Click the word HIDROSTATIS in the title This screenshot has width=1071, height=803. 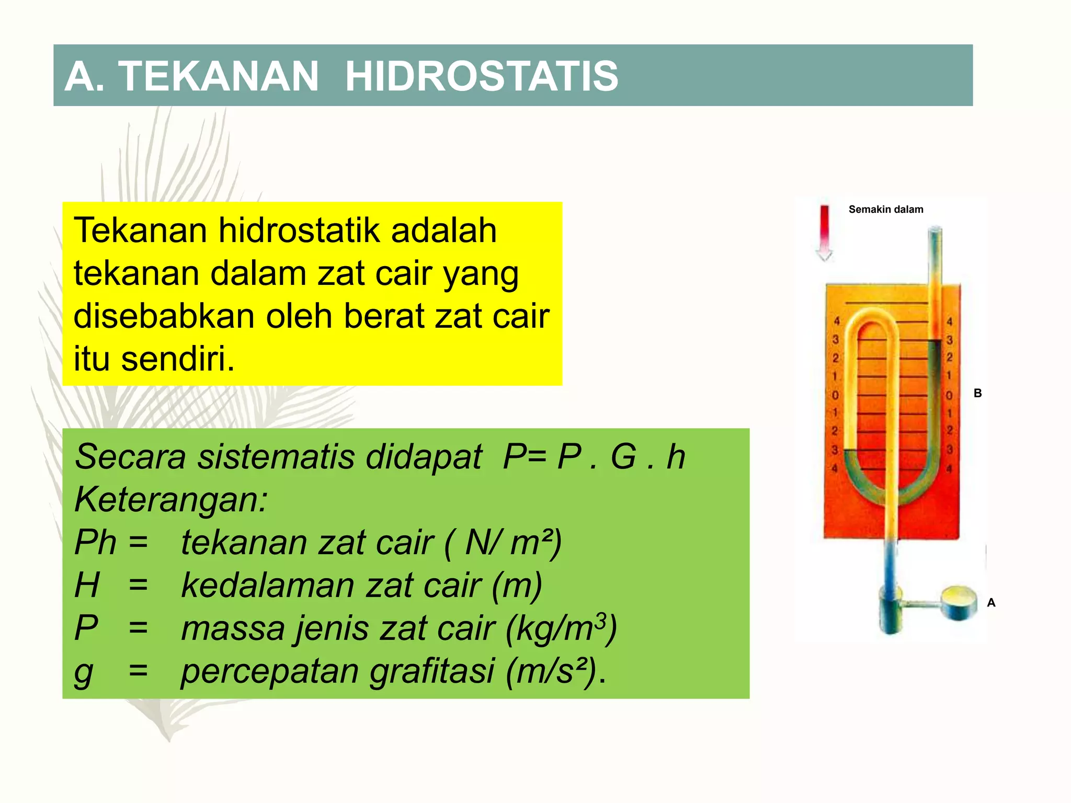pos(481,76)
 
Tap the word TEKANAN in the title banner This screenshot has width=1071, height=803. pos(219,76)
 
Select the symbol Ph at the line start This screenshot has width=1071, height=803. pos(95,543)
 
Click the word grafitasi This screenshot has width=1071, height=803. pos(432,671)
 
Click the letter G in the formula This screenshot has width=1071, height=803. pos(623,457)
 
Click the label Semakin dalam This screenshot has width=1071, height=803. pos(885,210)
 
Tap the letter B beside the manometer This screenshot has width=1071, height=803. pos(977,393)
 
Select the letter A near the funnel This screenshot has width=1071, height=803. pos(991,603)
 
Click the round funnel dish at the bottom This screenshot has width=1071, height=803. pos(959,602)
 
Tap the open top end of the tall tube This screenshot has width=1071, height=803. pos(935,231)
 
